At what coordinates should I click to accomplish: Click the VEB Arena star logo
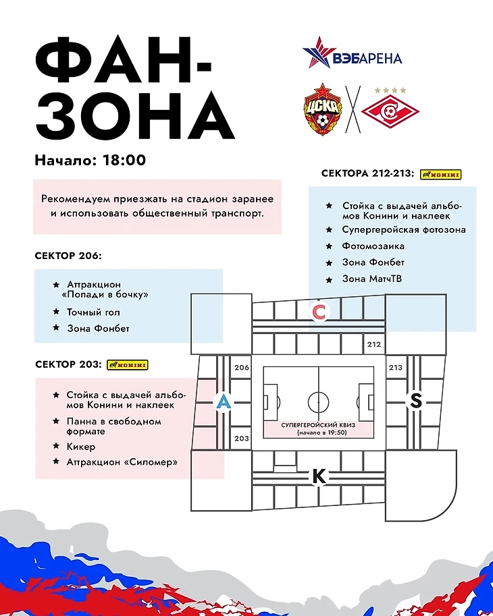(x=318, y=53)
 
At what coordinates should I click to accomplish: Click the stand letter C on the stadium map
(x=320, y=312)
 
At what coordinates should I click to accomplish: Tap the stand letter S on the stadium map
(x=416, y=401)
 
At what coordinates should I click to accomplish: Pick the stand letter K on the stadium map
(x=319, y=476)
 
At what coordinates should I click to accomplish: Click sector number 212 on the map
(x=374, y=344)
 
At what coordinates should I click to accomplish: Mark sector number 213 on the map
(x=395, y=368)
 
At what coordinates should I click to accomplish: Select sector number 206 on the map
(x=241, y=368)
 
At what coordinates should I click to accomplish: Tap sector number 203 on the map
(x=241, y=438)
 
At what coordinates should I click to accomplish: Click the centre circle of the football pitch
(x=318, y=401)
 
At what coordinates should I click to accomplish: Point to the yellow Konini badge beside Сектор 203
(x=127, y=365)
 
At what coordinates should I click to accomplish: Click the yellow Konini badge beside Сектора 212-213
(x=440, y=174)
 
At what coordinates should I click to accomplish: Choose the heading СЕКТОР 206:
(x=68, y=256)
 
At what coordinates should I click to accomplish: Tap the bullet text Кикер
(x=81, y=447)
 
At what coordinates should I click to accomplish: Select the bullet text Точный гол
(x=93, y=312)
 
